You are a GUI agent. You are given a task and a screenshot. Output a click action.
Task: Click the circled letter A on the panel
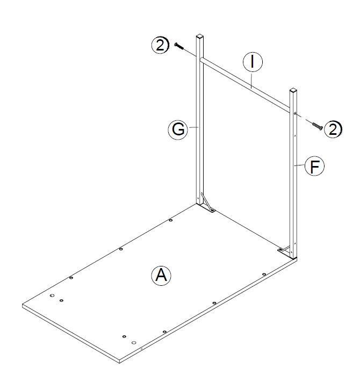click(160, 276)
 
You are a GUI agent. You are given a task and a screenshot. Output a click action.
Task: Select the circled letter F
click(315, 167)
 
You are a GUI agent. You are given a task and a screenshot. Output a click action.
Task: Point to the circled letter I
click(251, 62)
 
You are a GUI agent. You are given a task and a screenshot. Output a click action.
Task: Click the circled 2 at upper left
click(160, 45)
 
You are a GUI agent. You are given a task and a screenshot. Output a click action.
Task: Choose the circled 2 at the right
click(334, 128)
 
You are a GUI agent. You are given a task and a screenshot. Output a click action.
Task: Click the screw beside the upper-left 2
click(179, 47)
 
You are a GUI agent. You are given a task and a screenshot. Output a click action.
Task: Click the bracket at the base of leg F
click(285, 249)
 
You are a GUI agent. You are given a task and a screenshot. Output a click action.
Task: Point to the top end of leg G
click(200, 38)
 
